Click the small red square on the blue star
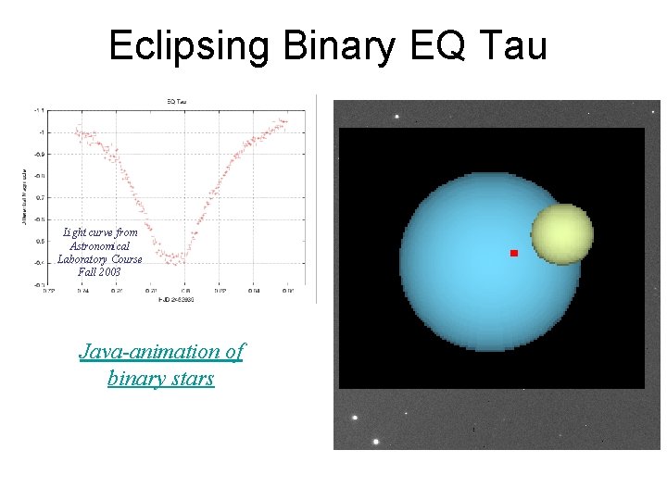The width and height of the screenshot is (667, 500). pos(513,253)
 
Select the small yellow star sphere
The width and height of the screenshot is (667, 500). pos(561,234)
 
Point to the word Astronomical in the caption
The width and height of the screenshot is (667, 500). pos(100,245)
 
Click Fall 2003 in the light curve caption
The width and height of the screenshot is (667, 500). pos(100,272)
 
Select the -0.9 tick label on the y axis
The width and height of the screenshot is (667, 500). pos(38,154)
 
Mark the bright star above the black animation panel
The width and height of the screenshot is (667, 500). pos(397,117)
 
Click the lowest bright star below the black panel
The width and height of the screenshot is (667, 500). pos(373,442)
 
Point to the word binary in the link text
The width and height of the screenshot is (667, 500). pos(134,378)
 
